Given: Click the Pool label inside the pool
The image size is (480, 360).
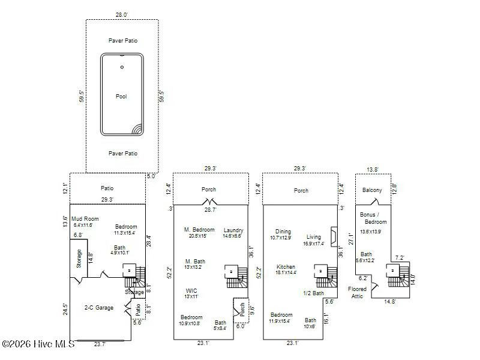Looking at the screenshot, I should [122, 96].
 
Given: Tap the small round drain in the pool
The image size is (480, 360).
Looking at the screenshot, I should [122, 67].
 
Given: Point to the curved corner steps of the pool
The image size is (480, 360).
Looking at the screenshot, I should [137, 129].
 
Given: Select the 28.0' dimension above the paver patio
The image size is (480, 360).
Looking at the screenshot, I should [122, 14].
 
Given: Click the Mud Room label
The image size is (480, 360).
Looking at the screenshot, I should [85, 219].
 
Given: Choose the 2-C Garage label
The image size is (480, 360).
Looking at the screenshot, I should [98, 308].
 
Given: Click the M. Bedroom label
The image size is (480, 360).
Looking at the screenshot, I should [199, 230].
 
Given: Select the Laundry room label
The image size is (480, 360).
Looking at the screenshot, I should [233, 230].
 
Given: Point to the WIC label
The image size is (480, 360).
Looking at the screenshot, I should [191, 290].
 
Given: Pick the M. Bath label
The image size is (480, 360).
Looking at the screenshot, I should [195, 261].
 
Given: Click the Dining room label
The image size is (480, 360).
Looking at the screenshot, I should [283, 232].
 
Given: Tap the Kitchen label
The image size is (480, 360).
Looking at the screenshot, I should [286, 266].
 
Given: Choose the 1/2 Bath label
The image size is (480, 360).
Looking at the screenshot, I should [314, 293].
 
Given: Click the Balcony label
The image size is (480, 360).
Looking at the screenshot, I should [372, 190].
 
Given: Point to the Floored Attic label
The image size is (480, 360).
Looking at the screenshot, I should [358, 292].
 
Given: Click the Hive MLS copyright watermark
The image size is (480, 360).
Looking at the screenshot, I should [38, 344].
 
